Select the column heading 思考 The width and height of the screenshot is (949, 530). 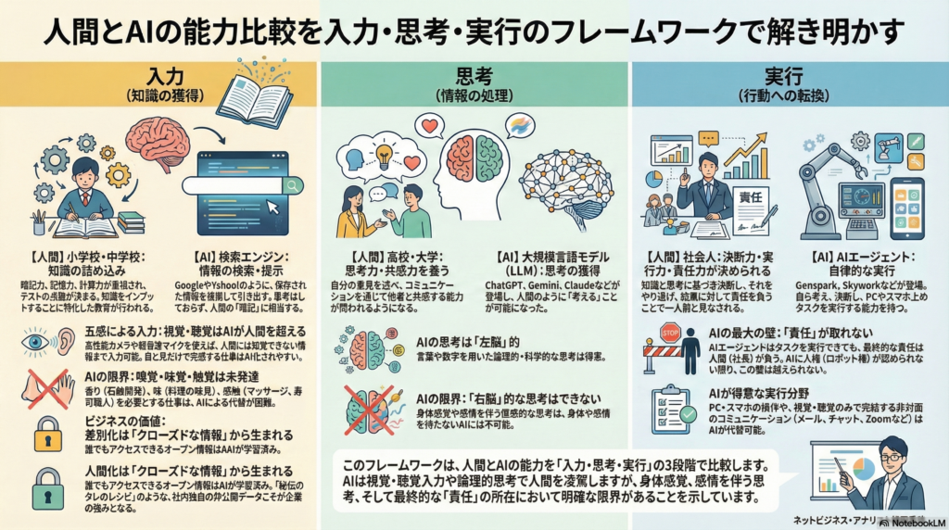[474, 74]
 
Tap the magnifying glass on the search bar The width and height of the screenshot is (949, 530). [295, 185]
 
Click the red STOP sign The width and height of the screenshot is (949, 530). [670, 333]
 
